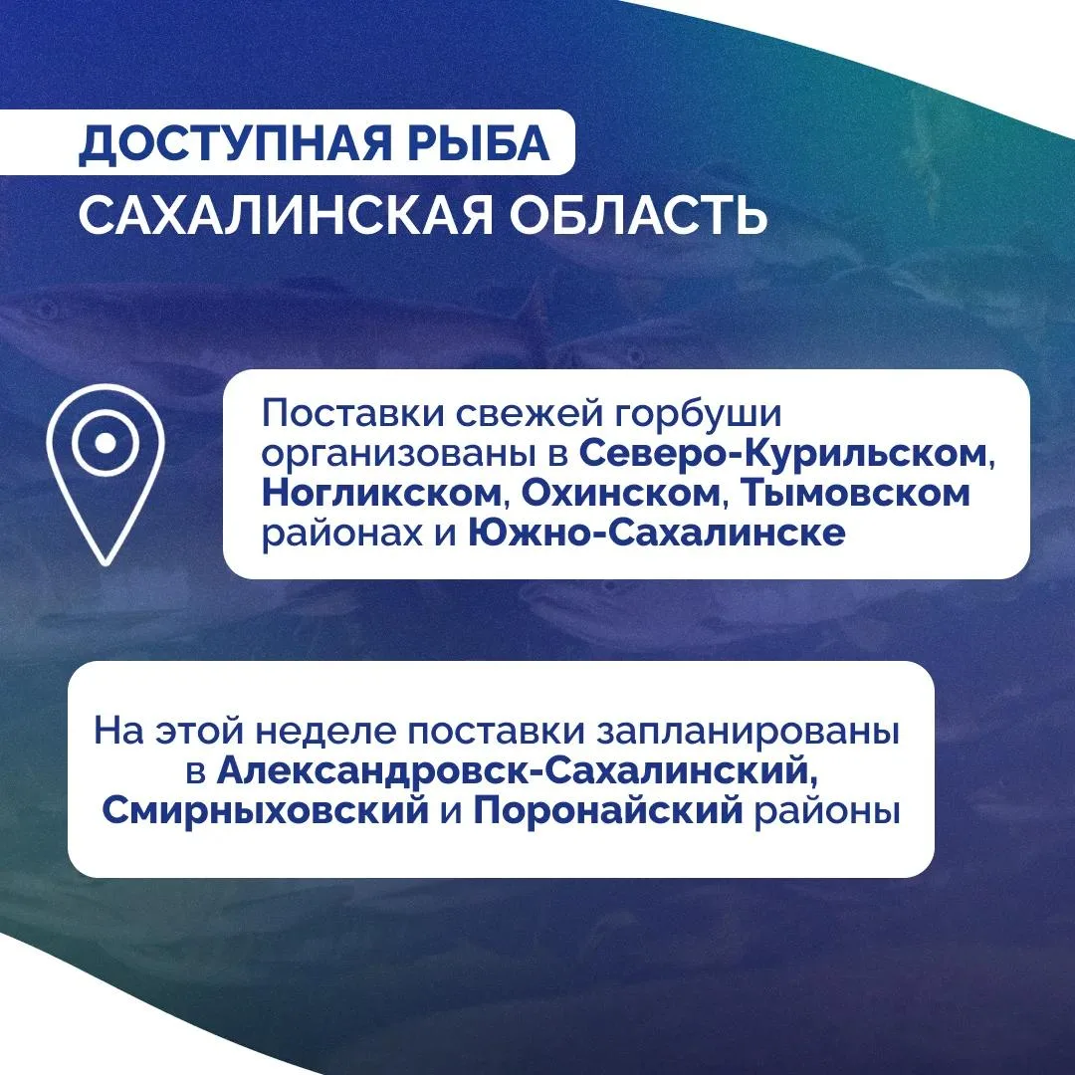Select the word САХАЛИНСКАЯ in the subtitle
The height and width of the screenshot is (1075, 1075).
[x=286, y=215]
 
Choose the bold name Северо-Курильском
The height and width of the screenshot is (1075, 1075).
[x=783, y=454]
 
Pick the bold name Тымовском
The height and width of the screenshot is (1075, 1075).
[x=855, y=494]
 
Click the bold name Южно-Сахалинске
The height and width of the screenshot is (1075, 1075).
[x=657, y=533]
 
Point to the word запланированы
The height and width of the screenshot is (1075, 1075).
[x=748, y=733]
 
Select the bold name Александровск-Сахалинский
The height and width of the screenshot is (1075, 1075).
[x=518, y=770]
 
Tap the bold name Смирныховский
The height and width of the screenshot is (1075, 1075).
[x=266, y=811]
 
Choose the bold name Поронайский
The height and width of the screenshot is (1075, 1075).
[x=608, y=811]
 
